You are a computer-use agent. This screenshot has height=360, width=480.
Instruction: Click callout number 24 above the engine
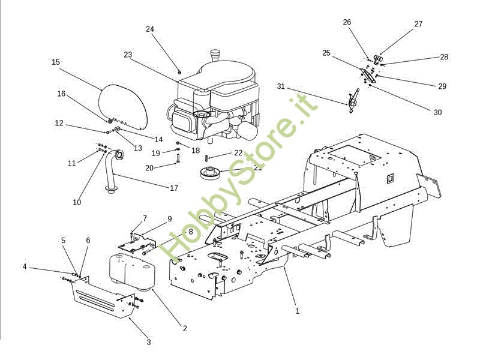150,29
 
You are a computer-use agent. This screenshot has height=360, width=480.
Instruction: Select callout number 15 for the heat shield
56,62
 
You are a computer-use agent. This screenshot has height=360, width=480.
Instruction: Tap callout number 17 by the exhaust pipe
174,188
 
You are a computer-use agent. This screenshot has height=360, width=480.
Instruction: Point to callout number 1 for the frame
298,311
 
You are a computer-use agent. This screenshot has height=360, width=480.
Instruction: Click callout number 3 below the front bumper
149,342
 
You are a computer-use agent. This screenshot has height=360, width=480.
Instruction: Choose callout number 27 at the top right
418,24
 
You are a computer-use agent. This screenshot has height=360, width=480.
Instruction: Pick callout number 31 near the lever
281,86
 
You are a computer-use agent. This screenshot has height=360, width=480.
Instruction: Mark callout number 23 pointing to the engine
128,55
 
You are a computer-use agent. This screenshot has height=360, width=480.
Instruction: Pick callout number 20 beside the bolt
149,167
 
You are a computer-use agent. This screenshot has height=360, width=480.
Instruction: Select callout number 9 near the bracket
169,219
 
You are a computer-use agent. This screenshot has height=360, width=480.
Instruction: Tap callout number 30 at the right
437,112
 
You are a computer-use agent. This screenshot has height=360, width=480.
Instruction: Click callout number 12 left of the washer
59,123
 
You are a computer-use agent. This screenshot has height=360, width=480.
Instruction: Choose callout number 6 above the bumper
88,240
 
